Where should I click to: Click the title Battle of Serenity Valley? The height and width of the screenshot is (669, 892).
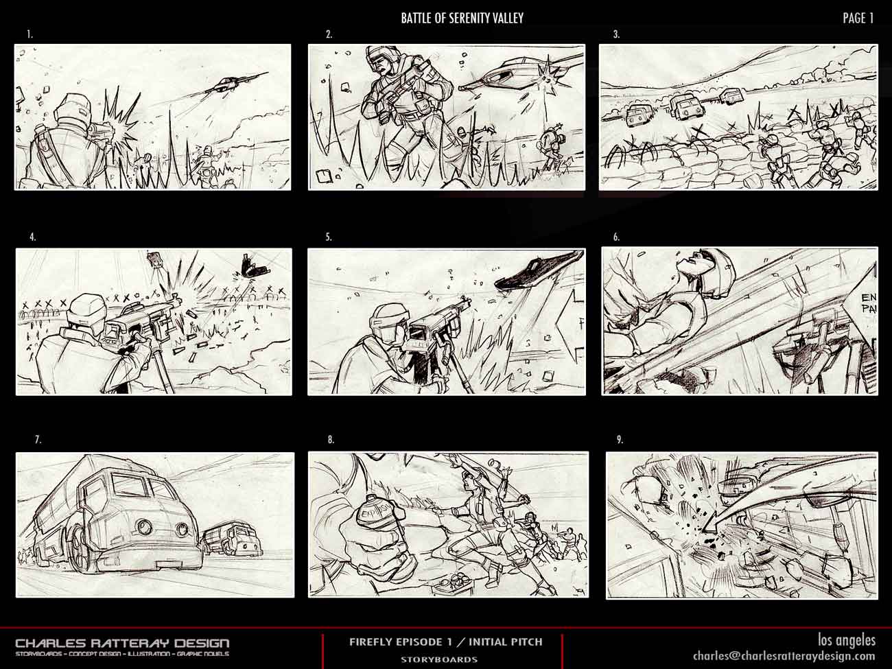pyautogui.click(x=462, y=19)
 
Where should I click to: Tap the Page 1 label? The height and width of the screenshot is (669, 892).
pyautogui.click(x=858, y=19)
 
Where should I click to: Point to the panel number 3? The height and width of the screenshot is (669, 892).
pyautogui.click(x=616, y=34)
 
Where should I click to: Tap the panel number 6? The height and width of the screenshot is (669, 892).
pyautogui.click(x=616, y=237)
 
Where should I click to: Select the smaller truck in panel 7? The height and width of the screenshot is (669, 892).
pyautogui.click(x=232, y=537)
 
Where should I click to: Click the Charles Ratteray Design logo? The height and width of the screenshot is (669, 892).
pyautogui.click(x=122, y=643)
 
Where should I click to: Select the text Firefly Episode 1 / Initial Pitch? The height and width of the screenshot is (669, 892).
pyautogui.click(x=445, y=642)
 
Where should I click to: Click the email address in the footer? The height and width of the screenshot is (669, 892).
pyautogui.click(x=784, y=655)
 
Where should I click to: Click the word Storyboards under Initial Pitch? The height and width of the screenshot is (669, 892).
pyautogui.click(x=439, y=659)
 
